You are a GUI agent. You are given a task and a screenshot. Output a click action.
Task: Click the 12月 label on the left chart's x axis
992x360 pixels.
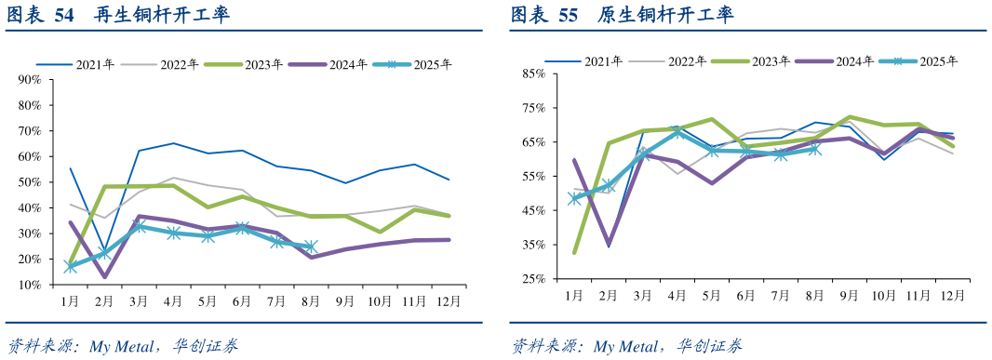coord(449,301)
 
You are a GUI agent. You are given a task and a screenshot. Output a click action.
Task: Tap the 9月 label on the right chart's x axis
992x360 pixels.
coord(849,295)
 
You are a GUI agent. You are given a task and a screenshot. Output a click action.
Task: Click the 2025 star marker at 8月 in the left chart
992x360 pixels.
coord(311,247)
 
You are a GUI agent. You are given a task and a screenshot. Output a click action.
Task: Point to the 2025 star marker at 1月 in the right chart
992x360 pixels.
coord(574,198)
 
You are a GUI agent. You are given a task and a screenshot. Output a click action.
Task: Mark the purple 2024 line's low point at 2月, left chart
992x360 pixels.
coord(104,276)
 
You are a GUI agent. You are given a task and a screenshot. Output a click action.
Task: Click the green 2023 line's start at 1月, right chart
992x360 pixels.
coord(574,252)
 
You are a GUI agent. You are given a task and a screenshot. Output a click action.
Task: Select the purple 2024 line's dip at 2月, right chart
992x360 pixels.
coord(609,246)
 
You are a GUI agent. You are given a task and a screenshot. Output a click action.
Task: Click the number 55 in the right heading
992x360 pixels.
coord(568,16)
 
